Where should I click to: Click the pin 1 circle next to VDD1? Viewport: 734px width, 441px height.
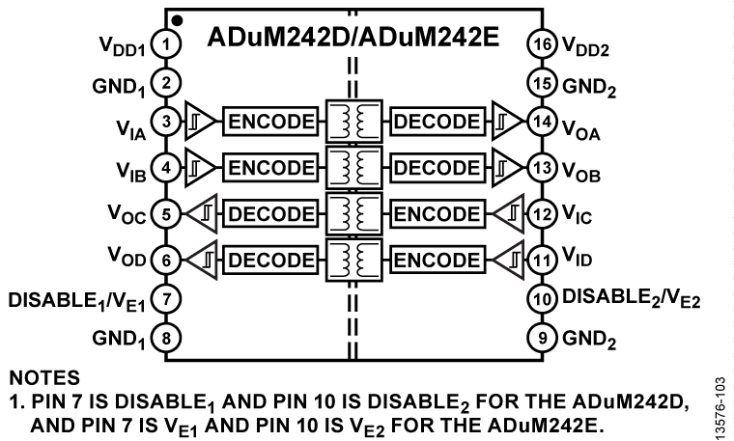click(168, 44)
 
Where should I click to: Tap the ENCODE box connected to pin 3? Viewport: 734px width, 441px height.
click(269, 122)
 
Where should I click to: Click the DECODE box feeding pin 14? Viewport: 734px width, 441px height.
click(436, 122)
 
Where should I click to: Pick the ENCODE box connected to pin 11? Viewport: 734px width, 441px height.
click(436, 259)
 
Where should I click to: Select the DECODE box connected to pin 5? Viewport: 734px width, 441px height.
click(269, 213)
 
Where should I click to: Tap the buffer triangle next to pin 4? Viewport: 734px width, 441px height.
click(197, 167)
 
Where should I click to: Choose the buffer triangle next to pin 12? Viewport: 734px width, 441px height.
click(508, 213)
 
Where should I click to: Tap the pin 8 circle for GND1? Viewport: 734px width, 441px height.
click(168, 339)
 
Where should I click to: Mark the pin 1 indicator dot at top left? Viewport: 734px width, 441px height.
click(177, 18)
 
